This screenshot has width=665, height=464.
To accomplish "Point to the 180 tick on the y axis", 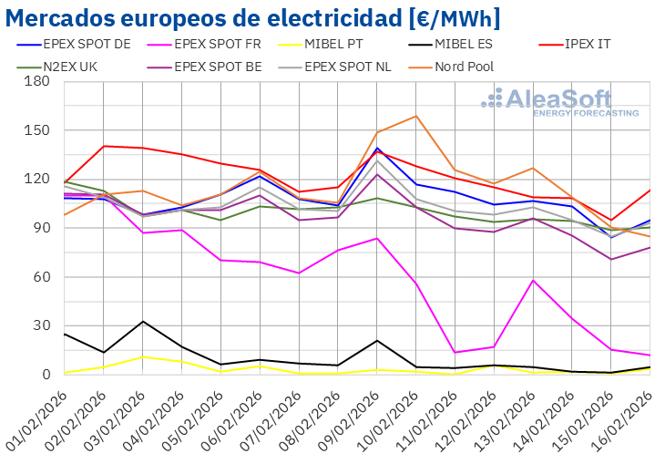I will click(37, 81).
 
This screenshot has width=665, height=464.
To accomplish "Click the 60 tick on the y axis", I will click(41, 277).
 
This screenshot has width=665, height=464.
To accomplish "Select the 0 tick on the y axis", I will click(46, 375).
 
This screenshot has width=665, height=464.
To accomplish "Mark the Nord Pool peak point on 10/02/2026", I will click(415, 116).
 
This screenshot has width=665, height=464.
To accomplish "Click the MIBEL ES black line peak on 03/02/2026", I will click(142, 321).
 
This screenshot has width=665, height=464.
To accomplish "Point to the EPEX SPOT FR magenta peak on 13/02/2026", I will click(532, 280).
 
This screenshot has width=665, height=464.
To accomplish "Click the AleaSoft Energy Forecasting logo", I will click(559, 102).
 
